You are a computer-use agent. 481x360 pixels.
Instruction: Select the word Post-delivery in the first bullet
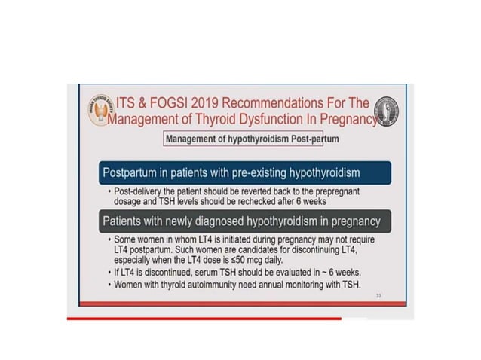[x=142, y=191]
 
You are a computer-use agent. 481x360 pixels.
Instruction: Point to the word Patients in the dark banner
[x=125, y=222]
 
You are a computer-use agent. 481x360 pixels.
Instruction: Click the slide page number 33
[x=379, y=297]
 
